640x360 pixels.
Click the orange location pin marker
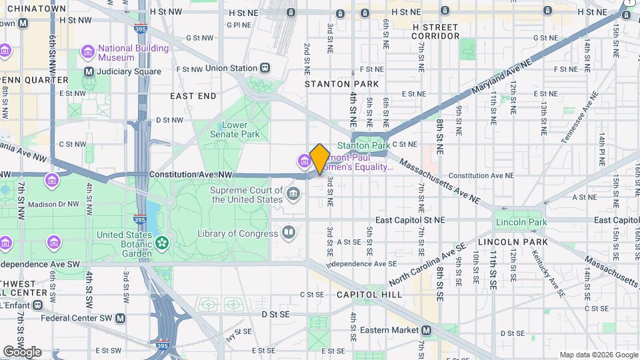(319, 159)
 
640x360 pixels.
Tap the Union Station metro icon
(266, 68)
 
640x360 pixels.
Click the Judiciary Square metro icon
(88, 71)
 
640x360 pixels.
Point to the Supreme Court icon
(293, 195)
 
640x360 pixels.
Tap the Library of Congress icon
(289, 233)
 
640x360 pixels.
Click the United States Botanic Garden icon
(162, 243)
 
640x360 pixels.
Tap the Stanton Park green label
(363, 145)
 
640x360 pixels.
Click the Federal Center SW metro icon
(120, 318)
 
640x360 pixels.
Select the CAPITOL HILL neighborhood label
(369, 294)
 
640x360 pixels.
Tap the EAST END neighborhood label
(193, 96)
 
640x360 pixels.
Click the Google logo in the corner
(22, 351)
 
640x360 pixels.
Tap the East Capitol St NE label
(409, 219)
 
